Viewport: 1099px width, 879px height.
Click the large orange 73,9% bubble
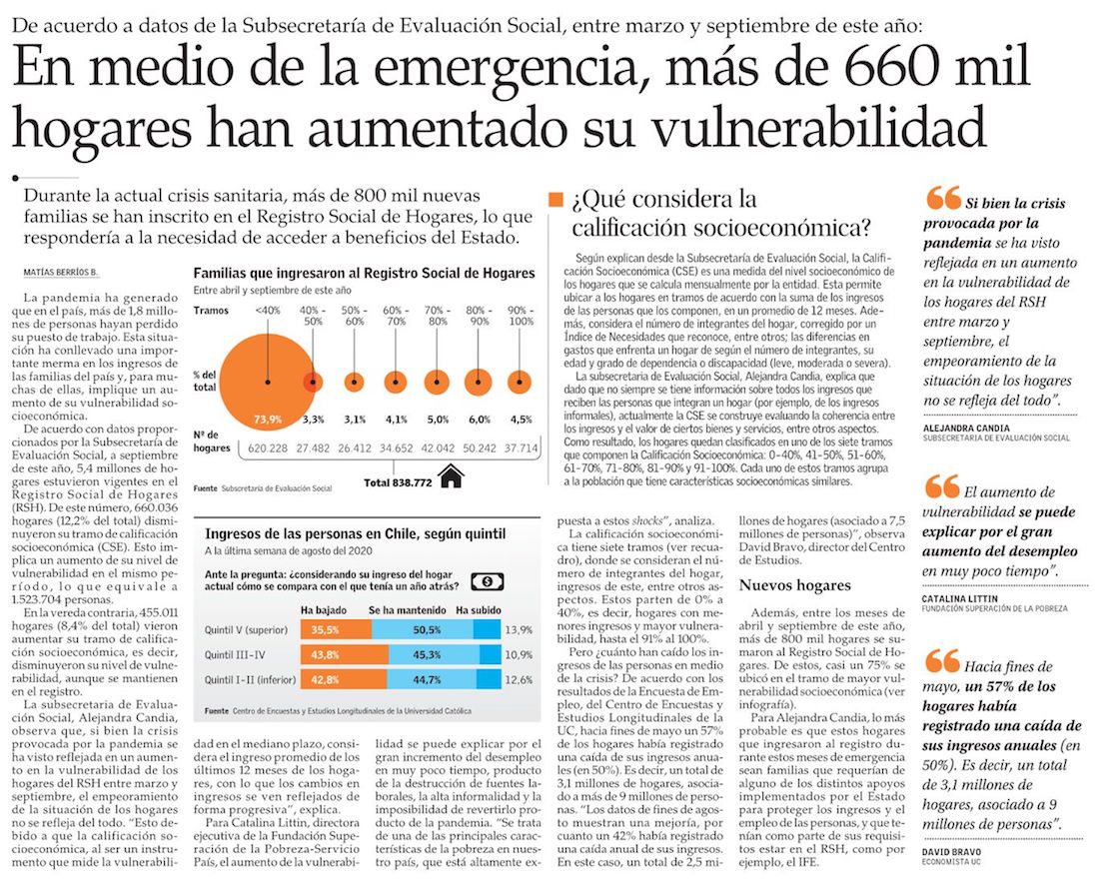click(268, 381)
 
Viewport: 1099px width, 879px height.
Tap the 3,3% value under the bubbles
click(313, 420)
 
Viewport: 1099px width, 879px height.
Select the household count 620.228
click(268, 448)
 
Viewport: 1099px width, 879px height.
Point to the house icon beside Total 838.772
click(452, 477)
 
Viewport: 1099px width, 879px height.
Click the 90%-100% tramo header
click(522, 316)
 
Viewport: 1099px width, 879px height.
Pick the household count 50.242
click(479, 448)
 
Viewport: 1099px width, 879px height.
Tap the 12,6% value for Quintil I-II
click(519, 679)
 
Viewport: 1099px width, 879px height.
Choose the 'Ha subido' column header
click(478, 609)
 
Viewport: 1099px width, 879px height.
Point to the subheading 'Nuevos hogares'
click(794, 585)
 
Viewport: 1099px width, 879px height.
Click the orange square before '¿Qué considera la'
click(556, 199)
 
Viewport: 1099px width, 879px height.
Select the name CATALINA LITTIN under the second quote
click(962, 597)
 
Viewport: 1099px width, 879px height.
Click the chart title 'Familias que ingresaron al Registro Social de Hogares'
click(364, 273)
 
